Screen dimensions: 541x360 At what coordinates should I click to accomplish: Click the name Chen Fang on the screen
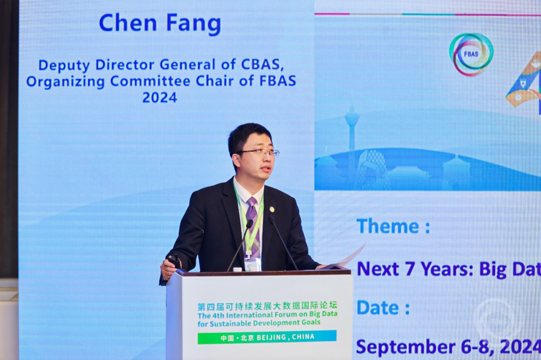point(160,23)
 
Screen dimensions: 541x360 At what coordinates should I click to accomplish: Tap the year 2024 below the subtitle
point(160,97)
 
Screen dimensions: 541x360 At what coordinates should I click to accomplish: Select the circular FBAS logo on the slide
point(471,54)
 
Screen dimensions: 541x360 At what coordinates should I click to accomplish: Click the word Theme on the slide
point(388,226)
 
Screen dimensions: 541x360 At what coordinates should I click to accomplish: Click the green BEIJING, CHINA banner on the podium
point(267,337)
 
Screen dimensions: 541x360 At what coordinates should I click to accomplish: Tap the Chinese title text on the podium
point(267,306)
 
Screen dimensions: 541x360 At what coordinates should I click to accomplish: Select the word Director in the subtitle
point(126,65)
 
